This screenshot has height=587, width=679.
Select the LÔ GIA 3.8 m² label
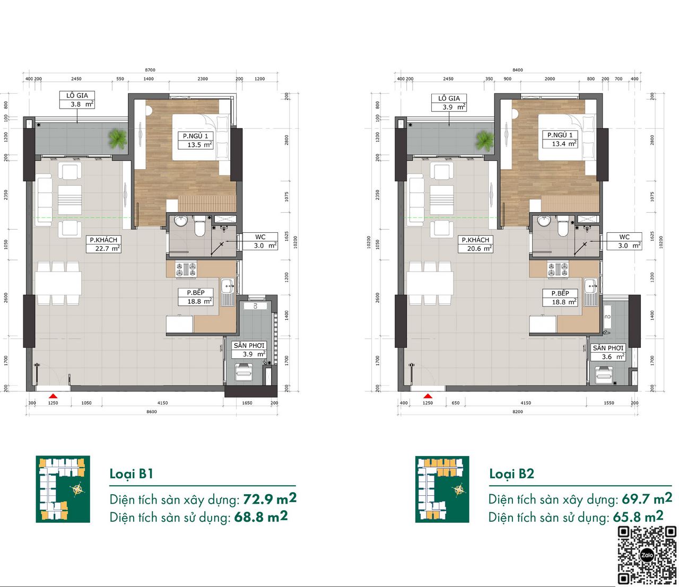pos(77,100)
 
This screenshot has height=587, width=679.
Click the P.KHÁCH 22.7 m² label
pos(103,244)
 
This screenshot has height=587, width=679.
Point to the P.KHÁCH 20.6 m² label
pos(475,244)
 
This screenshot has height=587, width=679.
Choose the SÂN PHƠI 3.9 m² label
pos(249,350)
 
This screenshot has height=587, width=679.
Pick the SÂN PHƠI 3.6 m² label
pos(608,352)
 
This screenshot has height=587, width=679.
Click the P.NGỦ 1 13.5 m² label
pos(195,141)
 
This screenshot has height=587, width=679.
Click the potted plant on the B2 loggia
pos(485,140)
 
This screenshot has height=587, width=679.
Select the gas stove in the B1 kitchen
pos(186,269)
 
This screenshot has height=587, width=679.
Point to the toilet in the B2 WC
pos(562,226)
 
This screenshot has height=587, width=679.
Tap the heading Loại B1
pos(132,475)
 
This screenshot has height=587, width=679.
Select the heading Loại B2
pos(511,474)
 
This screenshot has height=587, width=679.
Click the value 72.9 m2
pos(270,499)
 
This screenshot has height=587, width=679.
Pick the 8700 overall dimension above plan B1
pos(150,70)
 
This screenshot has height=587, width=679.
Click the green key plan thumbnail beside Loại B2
pos(442,489)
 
